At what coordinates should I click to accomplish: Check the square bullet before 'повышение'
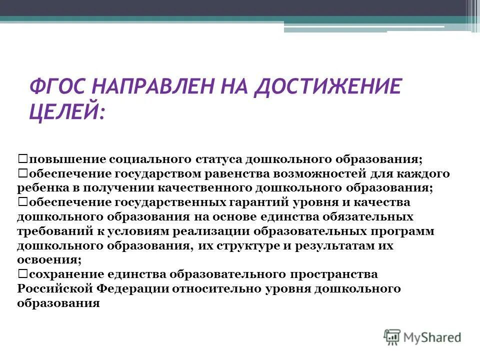click(x=22, y=158)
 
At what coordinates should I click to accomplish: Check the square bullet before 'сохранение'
click(x=22, y=274)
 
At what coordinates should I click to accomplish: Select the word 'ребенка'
click(x=41, y=188)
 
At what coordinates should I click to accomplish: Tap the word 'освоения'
click(x=48, y=260)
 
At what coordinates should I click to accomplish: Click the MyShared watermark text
click(x=432, y=337)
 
